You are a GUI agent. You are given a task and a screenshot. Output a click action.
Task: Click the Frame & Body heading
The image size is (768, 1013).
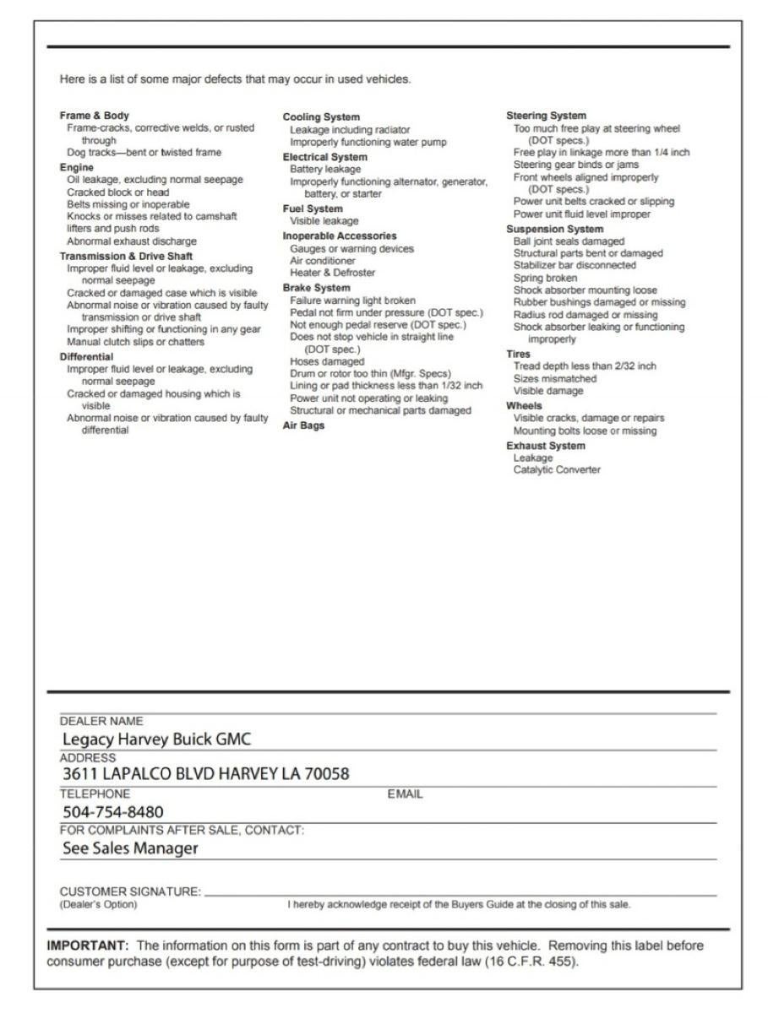pos(94,116)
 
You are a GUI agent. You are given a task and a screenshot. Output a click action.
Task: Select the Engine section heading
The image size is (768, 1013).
pos(76,168)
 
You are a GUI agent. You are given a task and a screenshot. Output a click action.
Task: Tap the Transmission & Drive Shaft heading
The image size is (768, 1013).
pos(126,256)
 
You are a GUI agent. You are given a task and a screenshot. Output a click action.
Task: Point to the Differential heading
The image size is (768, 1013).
pos(85,357)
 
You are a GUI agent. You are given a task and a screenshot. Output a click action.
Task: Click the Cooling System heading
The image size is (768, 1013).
pos(321,116)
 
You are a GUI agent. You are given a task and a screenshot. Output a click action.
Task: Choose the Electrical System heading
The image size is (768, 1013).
pos(324,157)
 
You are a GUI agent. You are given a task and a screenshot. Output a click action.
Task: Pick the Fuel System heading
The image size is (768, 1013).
pos(313,209)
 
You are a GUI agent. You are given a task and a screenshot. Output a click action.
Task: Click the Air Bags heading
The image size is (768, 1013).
pos(303,425)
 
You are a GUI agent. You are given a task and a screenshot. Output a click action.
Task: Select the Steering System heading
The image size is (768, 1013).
pos(546,116)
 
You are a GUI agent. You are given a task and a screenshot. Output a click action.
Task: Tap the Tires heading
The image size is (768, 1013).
pos(518,355)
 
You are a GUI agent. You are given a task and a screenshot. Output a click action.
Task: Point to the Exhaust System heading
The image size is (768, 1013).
pos(545,446)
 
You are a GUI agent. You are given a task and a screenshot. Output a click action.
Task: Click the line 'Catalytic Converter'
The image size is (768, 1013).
pos(557,470)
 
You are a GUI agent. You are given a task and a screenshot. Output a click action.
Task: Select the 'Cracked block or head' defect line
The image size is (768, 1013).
pos(117,192)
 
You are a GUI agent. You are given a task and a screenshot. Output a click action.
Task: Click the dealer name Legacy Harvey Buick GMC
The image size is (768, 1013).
pos(158,739)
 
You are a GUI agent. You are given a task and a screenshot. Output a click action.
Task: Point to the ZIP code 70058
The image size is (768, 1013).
pos(328,773)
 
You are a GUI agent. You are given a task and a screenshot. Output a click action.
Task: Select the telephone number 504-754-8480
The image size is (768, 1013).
pos(113,812)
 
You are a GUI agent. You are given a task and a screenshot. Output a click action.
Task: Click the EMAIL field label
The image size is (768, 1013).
pos(405,794)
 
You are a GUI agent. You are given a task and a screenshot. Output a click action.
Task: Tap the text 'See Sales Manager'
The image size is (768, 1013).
pos(130,848)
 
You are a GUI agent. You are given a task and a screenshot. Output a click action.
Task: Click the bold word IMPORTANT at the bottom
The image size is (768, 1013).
pos(87,945)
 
